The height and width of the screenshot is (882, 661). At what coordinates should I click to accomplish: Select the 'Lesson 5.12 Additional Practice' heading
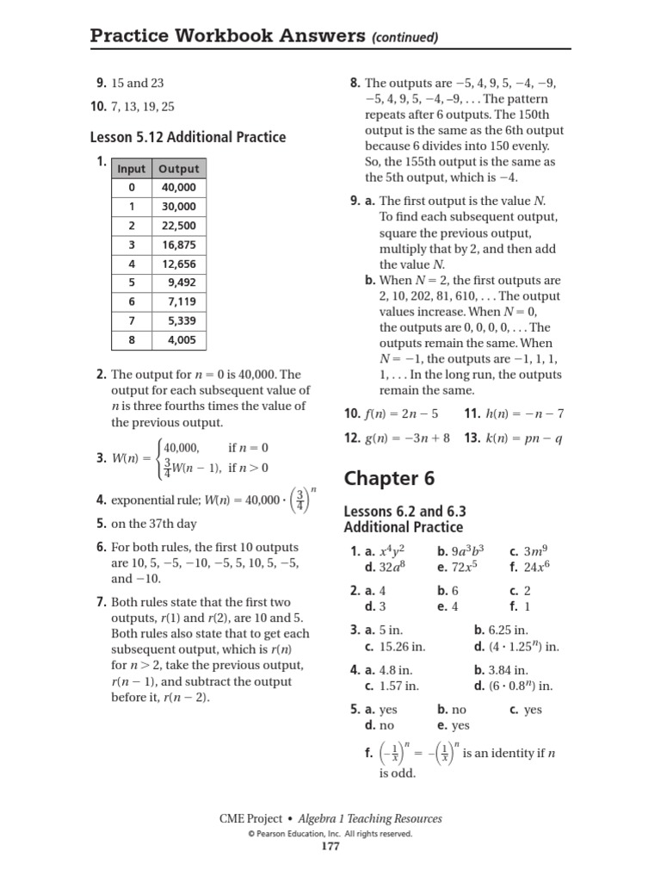pos(188,137)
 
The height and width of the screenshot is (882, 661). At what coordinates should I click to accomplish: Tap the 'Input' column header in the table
pos(132,169)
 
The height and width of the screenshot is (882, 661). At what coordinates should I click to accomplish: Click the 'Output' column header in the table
pos(178,169)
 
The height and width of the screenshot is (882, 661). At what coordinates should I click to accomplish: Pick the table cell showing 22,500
pos(179,226)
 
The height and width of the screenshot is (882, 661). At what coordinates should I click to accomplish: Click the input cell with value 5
pos(132,283)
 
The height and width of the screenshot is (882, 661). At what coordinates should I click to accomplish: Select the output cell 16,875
pos(179,245)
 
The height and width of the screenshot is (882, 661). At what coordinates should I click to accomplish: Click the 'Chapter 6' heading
pos(389,479)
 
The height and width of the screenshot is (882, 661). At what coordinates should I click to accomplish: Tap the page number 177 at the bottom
pos(330,846)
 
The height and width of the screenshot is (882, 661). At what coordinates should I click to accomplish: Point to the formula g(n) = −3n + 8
pos(407,438)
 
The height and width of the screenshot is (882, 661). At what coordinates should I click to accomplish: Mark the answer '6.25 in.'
pos(508,630)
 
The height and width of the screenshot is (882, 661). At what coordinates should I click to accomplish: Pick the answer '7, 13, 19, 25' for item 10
pos(142,107)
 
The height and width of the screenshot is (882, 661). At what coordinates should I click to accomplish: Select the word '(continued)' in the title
pos(404,37)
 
